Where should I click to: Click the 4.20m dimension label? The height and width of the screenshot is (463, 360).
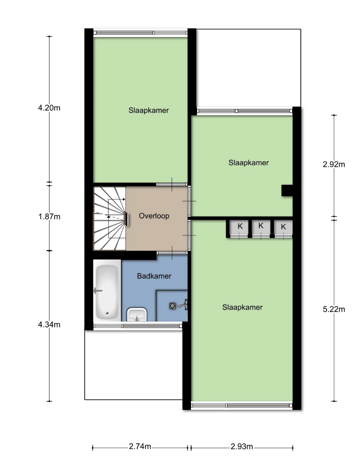49,108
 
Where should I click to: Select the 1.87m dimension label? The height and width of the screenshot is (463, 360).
49,217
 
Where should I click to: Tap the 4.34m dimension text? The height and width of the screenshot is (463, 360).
49,325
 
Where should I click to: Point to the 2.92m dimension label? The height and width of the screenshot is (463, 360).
334,164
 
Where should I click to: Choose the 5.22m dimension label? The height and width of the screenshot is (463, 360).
334,309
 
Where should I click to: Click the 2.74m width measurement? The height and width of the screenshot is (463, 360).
140,446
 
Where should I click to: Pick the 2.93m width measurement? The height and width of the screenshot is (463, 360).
242,446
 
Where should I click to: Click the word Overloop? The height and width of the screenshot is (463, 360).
154,216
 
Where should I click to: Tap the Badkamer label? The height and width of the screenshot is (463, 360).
154,276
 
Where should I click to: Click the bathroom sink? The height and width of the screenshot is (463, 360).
137,314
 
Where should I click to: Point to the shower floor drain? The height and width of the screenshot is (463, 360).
173,306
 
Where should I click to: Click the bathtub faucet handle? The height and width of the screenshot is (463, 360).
98,291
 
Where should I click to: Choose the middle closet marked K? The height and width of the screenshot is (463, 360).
261,227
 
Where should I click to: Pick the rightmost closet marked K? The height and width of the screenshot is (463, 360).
283,227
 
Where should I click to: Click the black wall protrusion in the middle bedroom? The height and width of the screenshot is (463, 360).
287,191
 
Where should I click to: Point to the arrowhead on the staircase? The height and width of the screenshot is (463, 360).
124,199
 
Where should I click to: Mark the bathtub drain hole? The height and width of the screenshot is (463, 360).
107,313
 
